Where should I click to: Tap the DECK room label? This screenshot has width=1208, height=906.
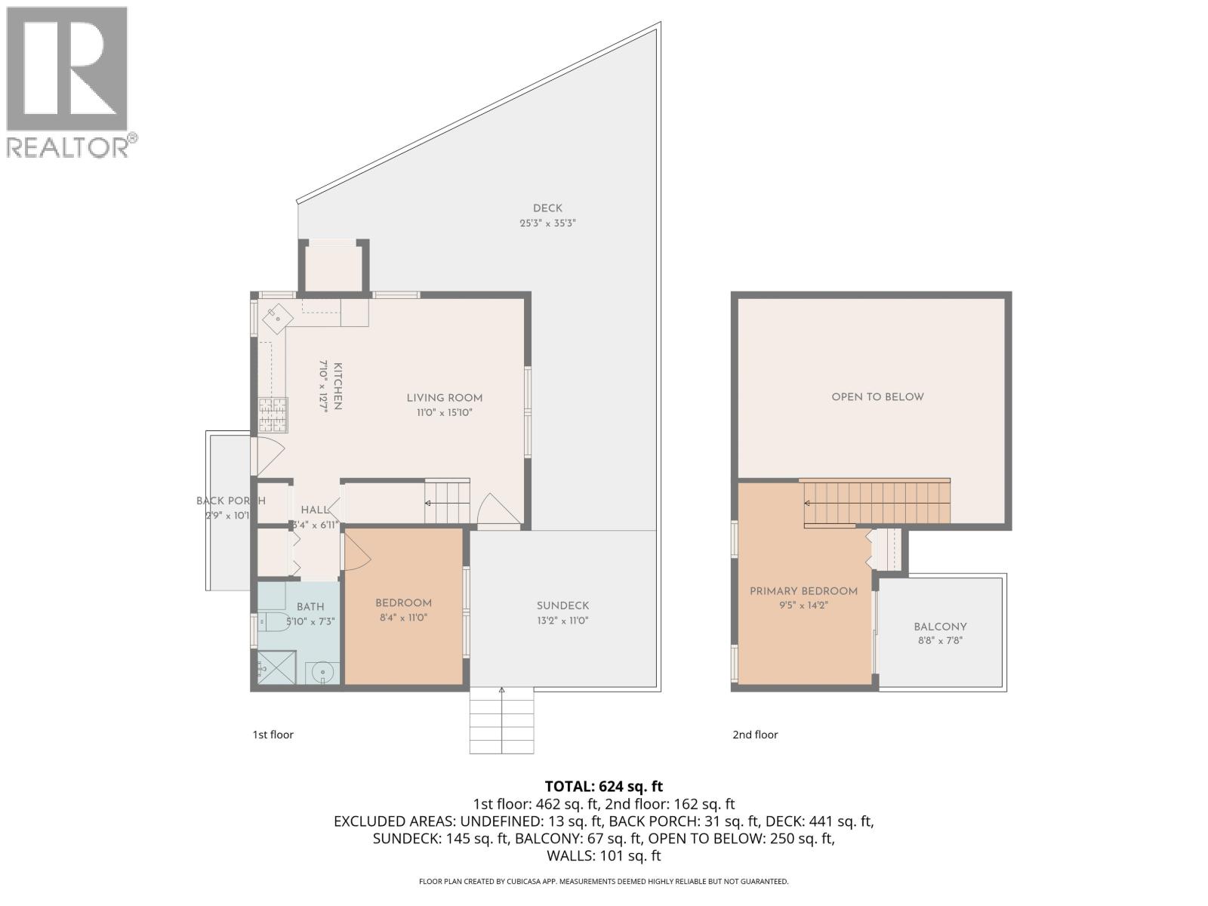point(547,208)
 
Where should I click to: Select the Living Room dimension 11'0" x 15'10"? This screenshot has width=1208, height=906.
point(444,413)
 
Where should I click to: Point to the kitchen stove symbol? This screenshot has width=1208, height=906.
point(273,414)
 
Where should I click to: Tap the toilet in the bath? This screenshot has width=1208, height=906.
point(273,622)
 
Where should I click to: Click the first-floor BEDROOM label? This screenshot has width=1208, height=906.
point(403,603)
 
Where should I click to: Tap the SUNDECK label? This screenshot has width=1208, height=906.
point(562,606)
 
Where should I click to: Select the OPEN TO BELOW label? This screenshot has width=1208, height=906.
point(877,397)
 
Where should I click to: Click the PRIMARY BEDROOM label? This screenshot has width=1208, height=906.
point(803,591)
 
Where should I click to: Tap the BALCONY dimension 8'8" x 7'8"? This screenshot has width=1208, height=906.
point(940,640)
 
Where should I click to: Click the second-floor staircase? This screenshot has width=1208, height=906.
point(876,503)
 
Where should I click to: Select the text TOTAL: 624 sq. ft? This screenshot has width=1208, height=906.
point(603,787)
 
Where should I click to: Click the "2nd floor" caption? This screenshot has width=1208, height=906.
point(755,735)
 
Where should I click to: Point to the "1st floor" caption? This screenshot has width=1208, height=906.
point(273,735)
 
